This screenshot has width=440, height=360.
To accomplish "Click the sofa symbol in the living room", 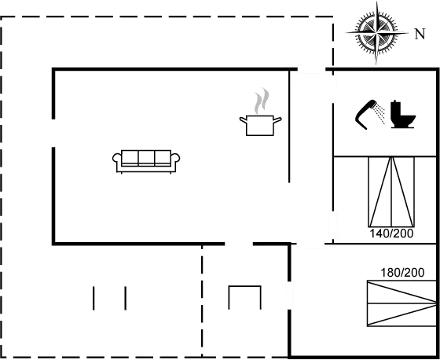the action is coord(146,161).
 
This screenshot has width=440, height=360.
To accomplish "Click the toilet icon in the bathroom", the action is coord(403,114).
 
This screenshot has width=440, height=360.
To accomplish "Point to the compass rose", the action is coord(376,33).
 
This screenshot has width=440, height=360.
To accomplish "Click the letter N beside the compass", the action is coord(420,34).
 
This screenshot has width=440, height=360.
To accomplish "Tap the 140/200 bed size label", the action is coord(391,233).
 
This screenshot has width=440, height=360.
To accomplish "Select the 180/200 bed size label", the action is coord(402,273).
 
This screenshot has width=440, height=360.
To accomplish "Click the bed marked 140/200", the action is coord(391,192).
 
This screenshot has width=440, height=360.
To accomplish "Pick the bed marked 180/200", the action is coord(401,303).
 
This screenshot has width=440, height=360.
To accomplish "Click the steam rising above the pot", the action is coord(262,101).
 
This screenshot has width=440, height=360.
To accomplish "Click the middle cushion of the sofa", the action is coord(146,157).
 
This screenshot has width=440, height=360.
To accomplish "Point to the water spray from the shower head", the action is coord(380,114).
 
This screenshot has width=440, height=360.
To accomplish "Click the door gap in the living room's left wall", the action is coord(53,133).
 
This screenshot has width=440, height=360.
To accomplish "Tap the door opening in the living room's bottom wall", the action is coord(239,244).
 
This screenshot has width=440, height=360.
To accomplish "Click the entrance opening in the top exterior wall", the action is coord(311,69).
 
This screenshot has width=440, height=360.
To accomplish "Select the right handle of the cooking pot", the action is coord(277,120).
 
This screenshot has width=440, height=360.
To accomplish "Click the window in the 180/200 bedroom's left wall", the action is coord(289,296).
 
